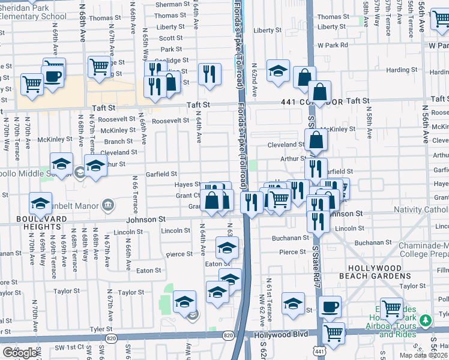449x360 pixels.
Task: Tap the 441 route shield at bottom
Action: click(319, 351)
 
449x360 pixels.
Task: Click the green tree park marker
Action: click(426, 321)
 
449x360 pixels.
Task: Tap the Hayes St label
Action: click(187, 185)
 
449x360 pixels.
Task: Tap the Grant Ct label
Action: click(188, 196)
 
